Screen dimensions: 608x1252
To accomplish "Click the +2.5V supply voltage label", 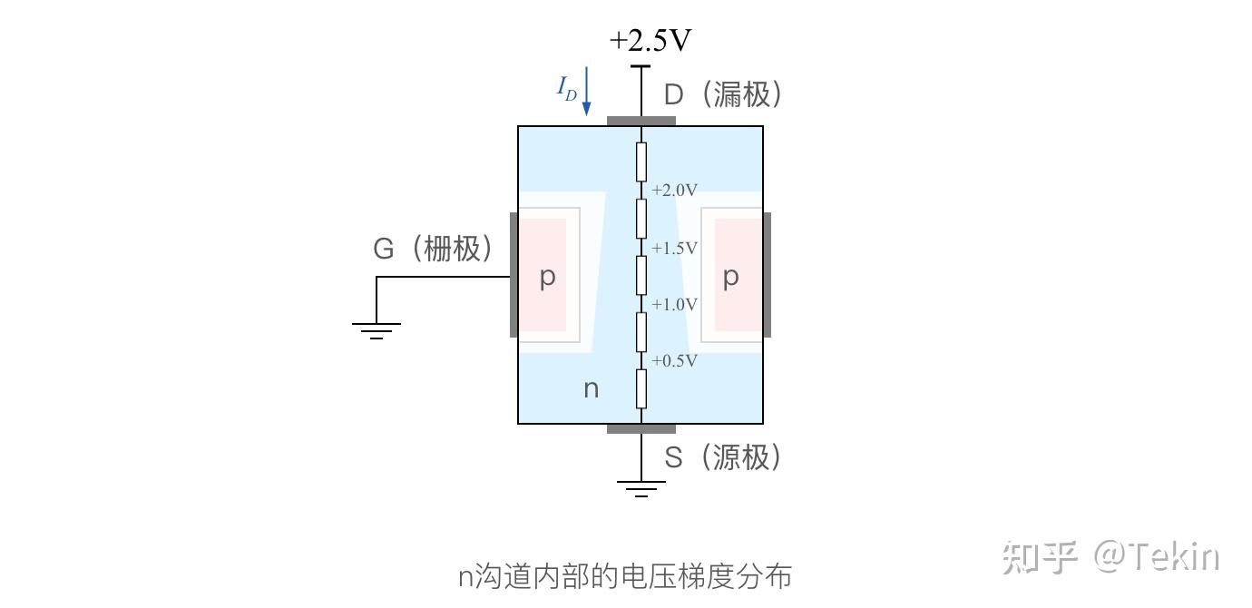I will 651,41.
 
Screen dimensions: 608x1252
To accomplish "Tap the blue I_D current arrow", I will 586,91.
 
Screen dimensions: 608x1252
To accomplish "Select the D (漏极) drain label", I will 723,94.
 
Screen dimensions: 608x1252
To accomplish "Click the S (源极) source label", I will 723,456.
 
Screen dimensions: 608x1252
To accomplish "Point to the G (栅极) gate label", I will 434,248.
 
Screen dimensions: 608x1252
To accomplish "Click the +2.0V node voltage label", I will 674,190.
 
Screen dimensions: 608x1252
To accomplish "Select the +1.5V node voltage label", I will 674,248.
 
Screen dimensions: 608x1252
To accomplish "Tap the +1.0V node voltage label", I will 674,304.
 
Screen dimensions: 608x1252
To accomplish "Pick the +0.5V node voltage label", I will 674,360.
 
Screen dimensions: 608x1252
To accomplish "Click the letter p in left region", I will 547,277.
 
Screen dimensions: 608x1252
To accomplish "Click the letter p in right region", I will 730,277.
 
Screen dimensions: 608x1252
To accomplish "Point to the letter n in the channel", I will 591,388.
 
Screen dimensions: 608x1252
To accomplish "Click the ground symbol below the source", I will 641,489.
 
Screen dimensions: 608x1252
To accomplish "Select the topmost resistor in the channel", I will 641,162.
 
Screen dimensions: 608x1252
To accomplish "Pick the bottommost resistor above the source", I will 641,388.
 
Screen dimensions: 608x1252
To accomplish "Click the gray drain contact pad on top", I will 641,121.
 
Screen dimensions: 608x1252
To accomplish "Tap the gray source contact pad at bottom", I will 641,428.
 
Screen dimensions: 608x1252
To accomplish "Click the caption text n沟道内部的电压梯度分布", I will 625,576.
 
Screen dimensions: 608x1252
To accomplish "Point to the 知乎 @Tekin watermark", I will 1110,557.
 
